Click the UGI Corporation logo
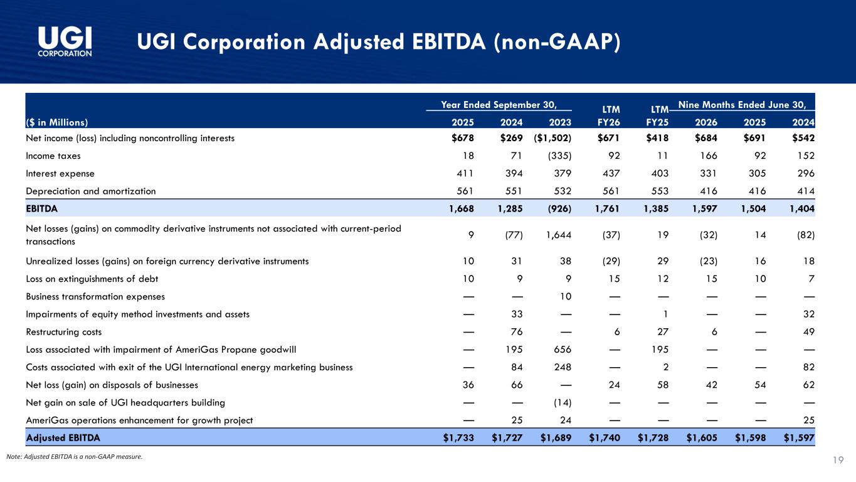[65, 41]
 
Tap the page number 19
[838, 460]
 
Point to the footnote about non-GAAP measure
[75, 456]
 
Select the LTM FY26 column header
[609, 116]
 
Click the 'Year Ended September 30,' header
[499, 105]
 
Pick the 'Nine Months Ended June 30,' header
[742, 105]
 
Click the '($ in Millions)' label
[57, 122]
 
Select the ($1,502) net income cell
[552, 138]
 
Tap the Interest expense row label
[60, 173]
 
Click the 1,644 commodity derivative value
[559, 235]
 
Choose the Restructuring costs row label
[64, 331]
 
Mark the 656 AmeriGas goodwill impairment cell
[563, 349]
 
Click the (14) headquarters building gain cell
[562, 402]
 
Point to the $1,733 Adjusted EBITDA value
[458, 437]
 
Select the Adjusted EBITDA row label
[63, 437]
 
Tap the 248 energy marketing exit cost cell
[563, 367]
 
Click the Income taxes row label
[53, 156]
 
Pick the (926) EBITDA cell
[559, 208]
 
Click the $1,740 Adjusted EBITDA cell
[604, 437]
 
